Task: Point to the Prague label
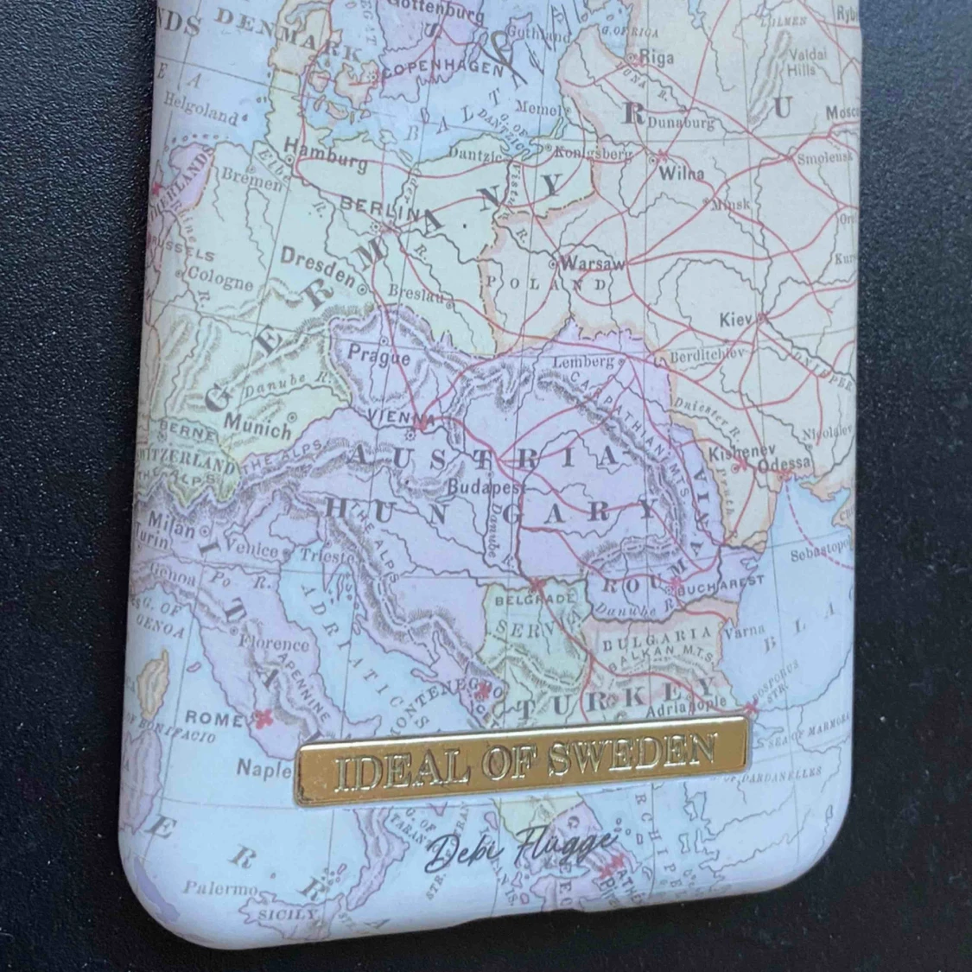[x=378, y=354]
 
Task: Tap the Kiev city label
[x=736, y=321]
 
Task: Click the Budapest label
[x=480, y=487]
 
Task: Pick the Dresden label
[x=317, y=266]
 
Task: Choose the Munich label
[x=257, y=425]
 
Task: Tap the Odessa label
[x=784, y=464]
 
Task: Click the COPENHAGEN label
[x=442, y=67]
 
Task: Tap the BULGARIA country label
[x=658, y=638]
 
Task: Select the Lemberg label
[x=582, y=361]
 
